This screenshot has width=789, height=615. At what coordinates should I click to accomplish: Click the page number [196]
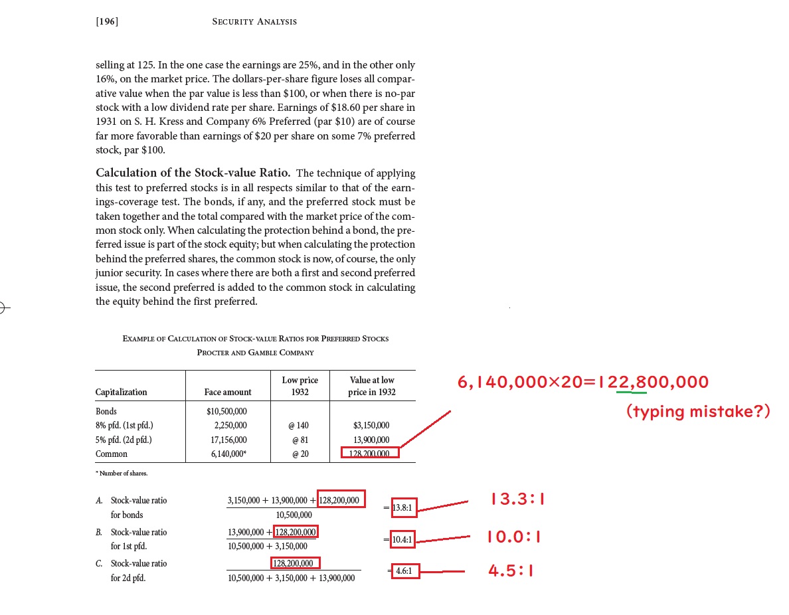(x=106, y=21)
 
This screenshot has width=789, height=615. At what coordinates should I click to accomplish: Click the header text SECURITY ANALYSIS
(x=254, y=21)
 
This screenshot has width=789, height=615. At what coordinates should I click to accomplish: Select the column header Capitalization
(x=122, y=392)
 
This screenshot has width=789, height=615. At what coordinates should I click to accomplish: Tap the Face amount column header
(x=227, y=392)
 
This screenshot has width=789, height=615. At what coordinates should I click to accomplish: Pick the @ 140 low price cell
(x=300, y=425)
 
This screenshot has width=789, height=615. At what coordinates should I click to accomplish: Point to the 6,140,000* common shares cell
(x=228, y=454)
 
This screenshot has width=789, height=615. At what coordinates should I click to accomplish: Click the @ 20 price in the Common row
(x=300, y=454)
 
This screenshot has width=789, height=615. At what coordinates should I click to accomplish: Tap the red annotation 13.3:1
(x=517, y=499)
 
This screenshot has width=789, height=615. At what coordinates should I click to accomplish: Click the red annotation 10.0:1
(x=513, y=537)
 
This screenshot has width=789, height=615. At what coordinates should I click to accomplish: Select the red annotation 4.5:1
(x=511, y=571)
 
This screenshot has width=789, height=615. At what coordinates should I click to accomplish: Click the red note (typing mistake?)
(x=698, y=411)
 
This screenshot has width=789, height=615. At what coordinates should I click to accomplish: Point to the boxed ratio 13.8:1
(x=402, y=508)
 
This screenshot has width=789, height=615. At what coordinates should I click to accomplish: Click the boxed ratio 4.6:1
(x=404, y=571)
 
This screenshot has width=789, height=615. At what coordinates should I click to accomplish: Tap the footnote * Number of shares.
(x=122, y=473)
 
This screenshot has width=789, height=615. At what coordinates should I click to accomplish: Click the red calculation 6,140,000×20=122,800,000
(x=583, y=382)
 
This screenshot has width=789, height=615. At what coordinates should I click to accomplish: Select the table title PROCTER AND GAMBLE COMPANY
(x=256, y=352)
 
